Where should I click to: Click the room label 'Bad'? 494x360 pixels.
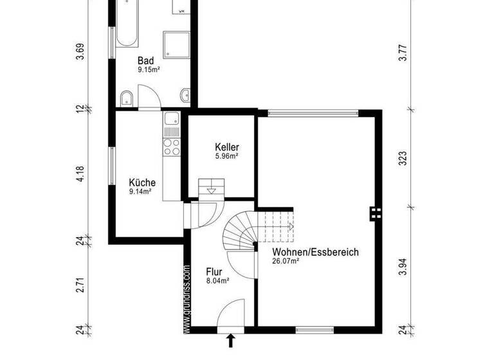pyautogui.click(x=146, y=61)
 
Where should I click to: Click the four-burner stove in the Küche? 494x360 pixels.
pyautogui.click(x=172, y=146)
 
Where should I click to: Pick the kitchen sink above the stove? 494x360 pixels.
pyautogui.click(x=172, y=119)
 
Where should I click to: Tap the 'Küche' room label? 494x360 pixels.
pyautogui.click(x=142, y=182)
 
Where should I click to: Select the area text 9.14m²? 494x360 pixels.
pyautogui.click(x=140, y=191)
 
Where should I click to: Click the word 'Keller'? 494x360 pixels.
pyautogui.click(x=226, y=147)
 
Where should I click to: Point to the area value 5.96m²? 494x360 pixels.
pyautogui.click(x=226, y=156)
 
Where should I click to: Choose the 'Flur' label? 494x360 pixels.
pyautogui.click(x=214, y=271)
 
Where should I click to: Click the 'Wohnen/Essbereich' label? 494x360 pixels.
pyautogui.click(x=315, y=252)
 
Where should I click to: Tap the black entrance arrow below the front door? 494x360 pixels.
pyautogui.click(x=231, y=341)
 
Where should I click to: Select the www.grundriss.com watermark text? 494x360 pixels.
pyautogui.click(x=187, y=299)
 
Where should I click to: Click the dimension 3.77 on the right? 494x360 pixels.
pyautogui.click(x=403, y=51)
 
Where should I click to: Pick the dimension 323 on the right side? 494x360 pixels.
pyautogui.click(x=403, y=159)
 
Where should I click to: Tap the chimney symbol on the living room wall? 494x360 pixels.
pyautogui.click(x=375, y=213)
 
